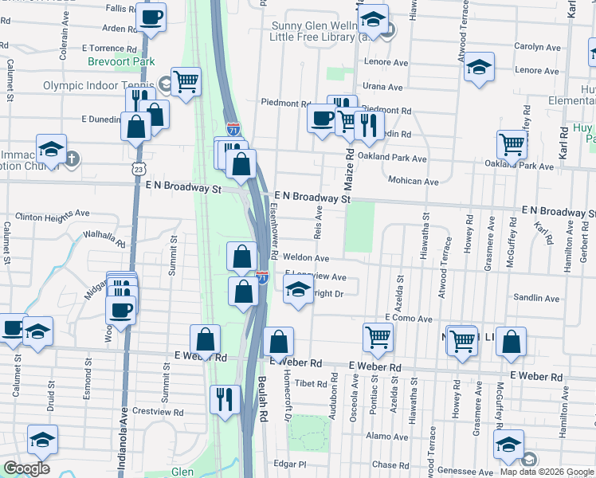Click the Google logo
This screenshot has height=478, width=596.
click(26, 469)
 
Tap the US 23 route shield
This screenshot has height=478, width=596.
click(140, 169)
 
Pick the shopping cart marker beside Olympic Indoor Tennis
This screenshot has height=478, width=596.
click(186, 80)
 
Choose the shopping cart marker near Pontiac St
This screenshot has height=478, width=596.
click(378, 335)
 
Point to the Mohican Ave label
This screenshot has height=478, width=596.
click(414, 181)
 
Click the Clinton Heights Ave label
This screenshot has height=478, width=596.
click(53, 215)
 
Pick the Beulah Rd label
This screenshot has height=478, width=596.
click(262, 399)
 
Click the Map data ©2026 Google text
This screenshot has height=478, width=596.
click(547, 472)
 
